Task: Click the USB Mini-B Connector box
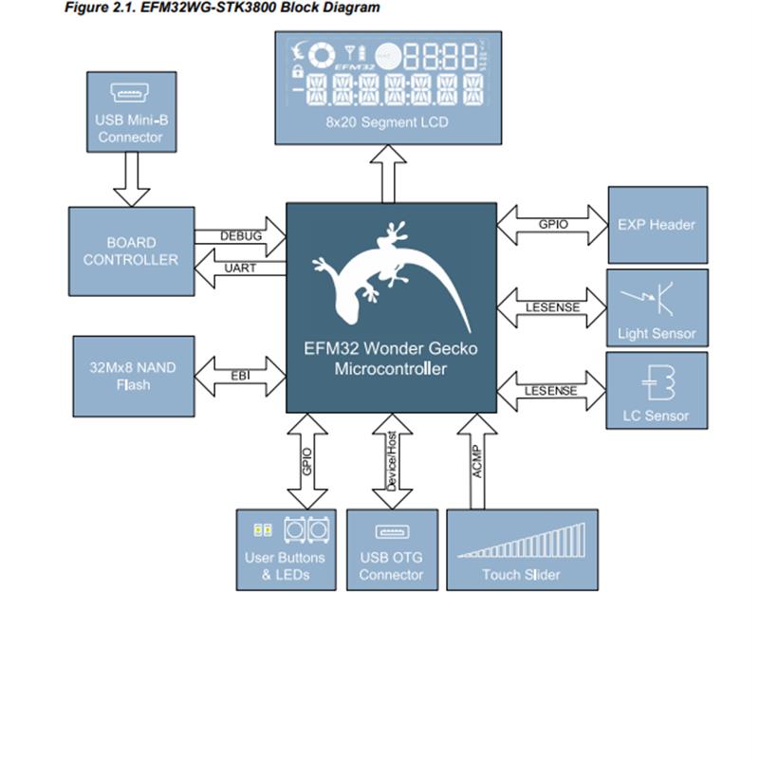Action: coord(132,112)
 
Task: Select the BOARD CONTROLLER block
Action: coord(132,251)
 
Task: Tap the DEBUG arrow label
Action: coord(241,236)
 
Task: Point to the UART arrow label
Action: coord(240,268)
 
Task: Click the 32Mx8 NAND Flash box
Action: coord(134,376)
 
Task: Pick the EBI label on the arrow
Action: coord(241,376)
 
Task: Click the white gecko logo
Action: coord(391,277)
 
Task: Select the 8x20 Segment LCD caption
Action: coord(387,122)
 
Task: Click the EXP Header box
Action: coord(657,225)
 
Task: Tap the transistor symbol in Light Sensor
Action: coord(649,298)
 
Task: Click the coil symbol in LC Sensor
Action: coord(658,382)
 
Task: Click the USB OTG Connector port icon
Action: coord(392,532)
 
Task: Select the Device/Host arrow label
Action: coord(392,461)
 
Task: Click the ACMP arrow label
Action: coord(477,462)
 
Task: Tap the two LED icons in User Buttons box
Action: coord(263,530)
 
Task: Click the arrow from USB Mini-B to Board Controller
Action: coord(132,179)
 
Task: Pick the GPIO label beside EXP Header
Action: coord(553,225)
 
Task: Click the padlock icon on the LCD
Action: coord(298,71)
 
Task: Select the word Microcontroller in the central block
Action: coord(391,369)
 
